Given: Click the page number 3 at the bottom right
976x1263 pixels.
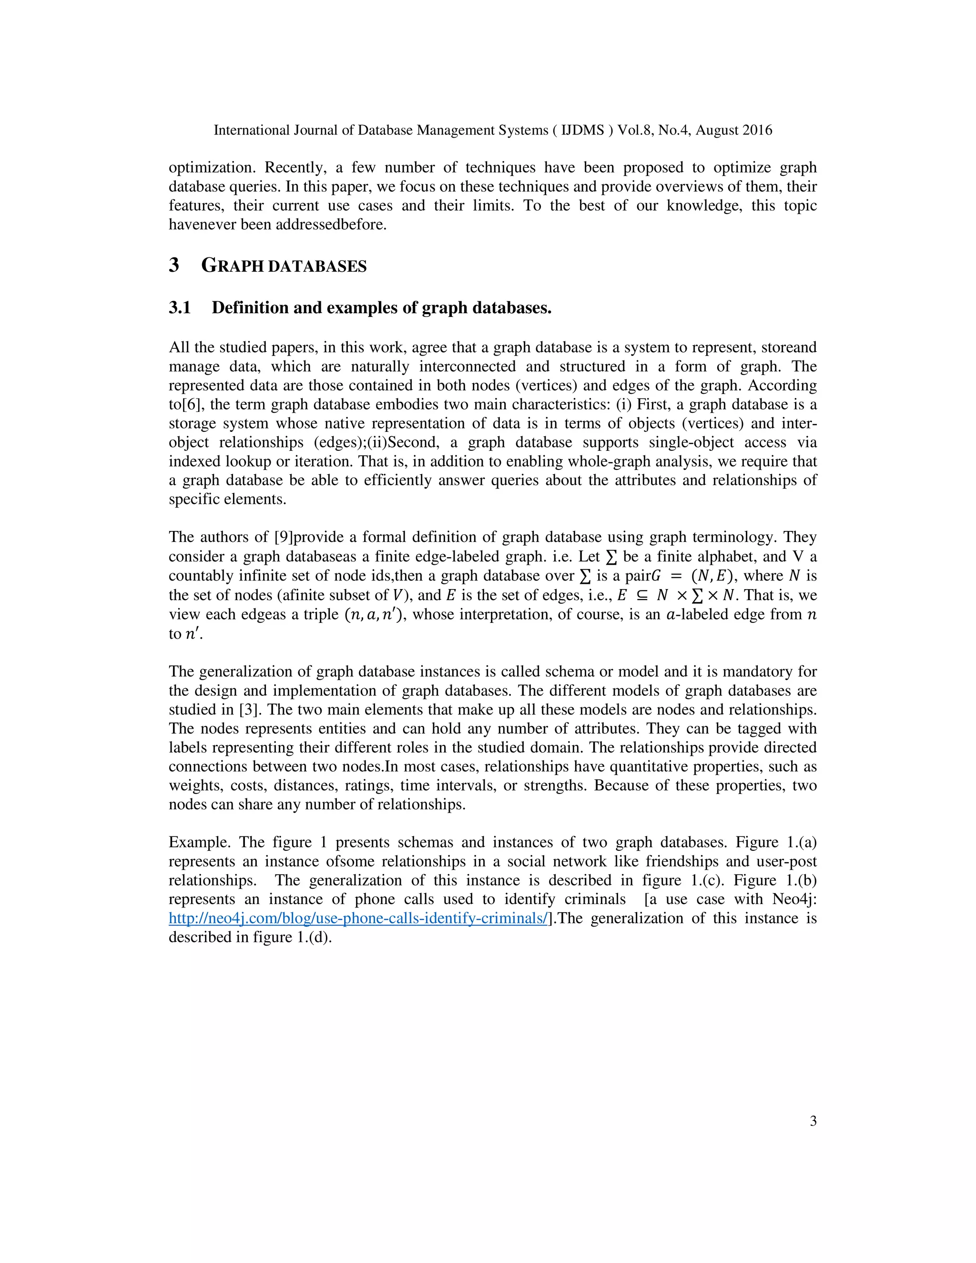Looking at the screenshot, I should (x=813, y=1121).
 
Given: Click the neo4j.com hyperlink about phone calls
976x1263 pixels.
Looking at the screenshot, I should (x=357, y=918).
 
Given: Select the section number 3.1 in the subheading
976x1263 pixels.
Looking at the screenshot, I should (x=180, y=308).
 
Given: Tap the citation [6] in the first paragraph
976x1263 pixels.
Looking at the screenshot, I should (x=193, y=404).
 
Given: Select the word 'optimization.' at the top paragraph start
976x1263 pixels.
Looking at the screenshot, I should (x=212, y=168).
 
